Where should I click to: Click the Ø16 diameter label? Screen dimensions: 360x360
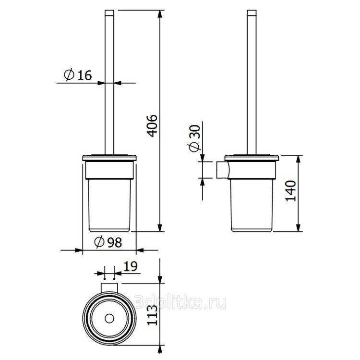[78, 74]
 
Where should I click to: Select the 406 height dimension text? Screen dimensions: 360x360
[152, 125]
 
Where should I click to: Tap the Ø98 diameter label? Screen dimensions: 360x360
[108, 242]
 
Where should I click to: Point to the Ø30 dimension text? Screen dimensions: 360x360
[195, 138]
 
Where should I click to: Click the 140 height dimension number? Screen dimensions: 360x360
[291, 191]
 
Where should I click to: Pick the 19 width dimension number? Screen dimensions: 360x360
[131, 266]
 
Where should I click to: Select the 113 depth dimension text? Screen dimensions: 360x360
[152, 315]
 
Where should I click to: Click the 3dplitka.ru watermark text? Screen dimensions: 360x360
[180, 302]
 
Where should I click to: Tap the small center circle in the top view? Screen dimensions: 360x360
[109, 319]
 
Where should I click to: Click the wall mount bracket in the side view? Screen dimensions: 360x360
[222, 170]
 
